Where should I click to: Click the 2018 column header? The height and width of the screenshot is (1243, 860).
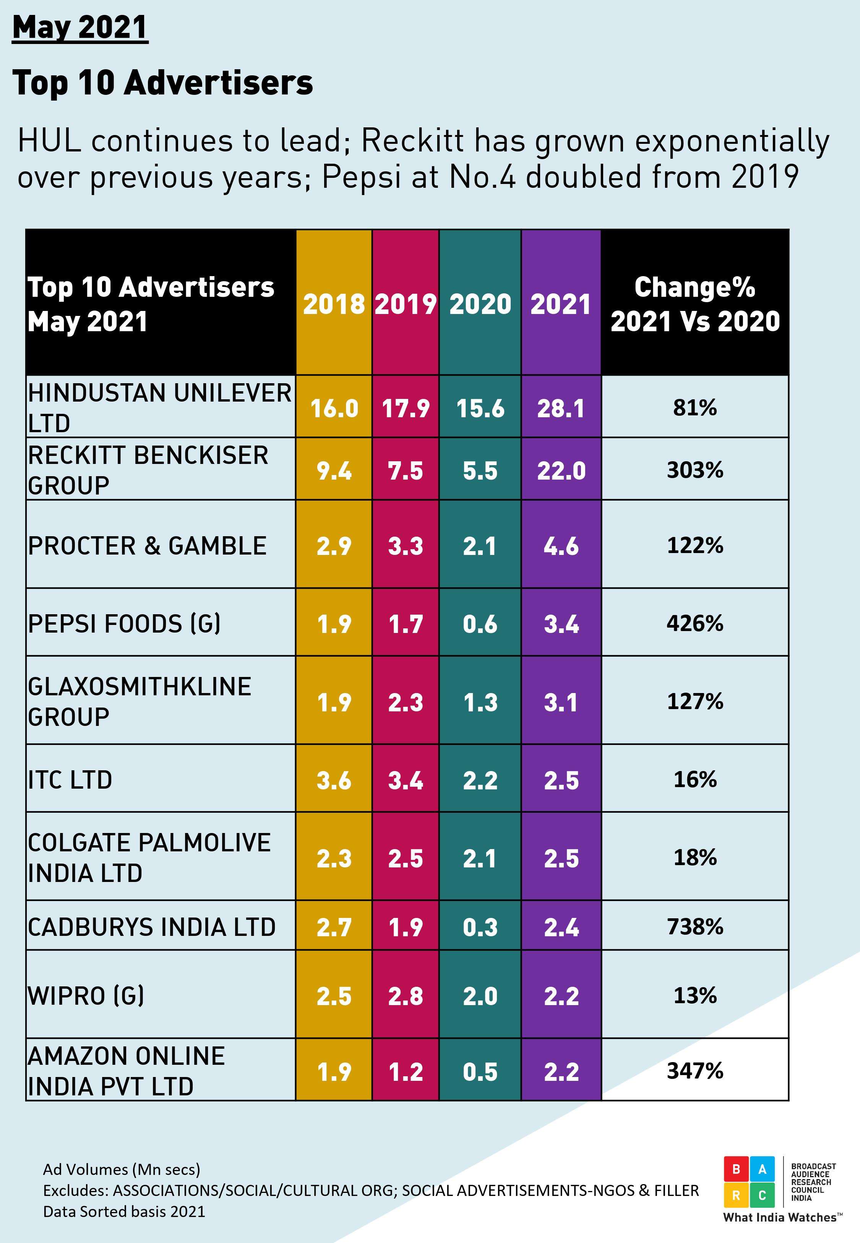334,304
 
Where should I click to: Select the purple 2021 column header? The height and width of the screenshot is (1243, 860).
560,304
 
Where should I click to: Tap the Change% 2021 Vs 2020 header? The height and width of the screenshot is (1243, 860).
694,304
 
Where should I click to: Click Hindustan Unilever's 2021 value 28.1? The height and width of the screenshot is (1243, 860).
560,408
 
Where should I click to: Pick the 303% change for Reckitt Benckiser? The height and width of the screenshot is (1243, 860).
694,470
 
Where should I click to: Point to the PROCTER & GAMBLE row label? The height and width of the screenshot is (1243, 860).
147,545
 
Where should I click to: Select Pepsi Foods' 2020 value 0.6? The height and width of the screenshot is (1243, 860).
480,624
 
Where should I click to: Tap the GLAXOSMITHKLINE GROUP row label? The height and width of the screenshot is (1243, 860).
139,701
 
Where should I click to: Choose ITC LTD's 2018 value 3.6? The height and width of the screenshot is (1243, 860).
334,780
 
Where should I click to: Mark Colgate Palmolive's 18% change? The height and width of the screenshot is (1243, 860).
694,857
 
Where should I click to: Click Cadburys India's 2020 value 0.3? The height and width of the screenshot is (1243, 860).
480,927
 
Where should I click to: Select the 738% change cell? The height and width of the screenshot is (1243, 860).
694,927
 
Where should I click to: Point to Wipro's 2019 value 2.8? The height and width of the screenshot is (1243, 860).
405,996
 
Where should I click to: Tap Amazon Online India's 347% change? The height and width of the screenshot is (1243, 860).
694,1071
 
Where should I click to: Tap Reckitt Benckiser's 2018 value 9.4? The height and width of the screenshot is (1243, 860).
334,470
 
